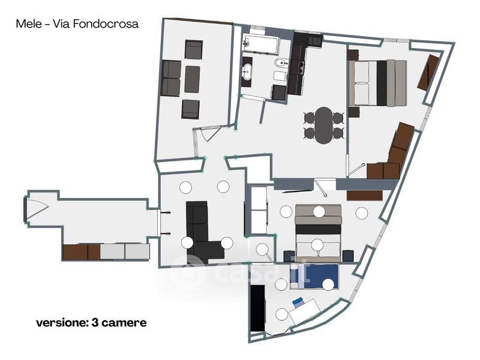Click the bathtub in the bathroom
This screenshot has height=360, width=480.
point(261,44)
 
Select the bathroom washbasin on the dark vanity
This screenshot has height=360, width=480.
point(247,71)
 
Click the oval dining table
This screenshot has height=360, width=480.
point(323,125)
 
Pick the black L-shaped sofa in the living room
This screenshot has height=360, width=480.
point(202,233)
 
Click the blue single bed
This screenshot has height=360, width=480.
point(314,277)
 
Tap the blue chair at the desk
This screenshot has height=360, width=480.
point(298,302)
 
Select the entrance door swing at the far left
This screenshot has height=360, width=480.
point(37,209)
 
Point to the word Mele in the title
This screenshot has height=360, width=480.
point(29,24)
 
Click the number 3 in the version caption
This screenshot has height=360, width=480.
point(94,323)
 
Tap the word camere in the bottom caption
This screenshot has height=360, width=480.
point(124,323)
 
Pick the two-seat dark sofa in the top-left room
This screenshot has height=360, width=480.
point(171,79)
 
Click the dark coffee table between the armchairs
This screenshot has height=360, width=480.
point(192,79)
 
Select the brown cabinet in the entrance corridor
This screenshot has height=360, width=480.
point(81,252)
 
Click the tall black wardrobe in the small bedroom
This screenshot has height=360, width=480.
point(257,308)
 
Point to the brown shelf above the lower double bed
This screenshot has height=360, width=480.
point(365,196)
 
